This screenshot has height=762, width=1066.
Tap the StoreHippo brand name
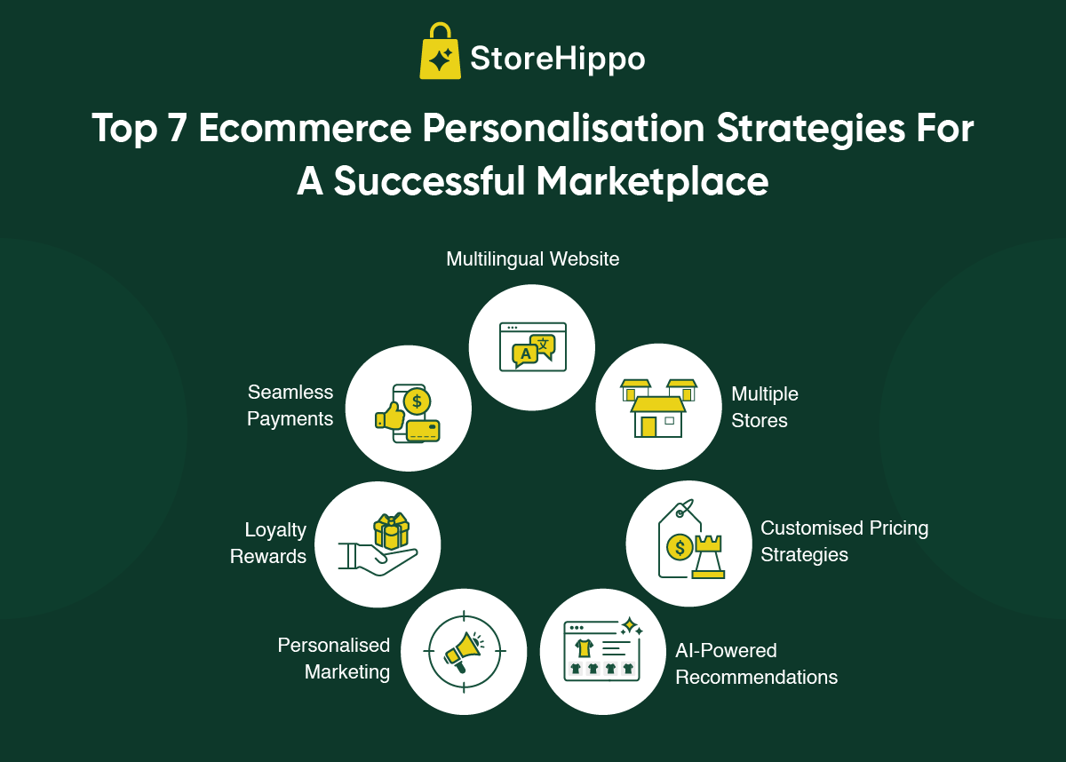coord(557,59)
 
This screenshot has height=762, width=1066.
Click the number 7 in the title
coord(177,128)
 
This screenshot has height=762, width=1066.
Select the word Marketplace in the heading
coord(652,181)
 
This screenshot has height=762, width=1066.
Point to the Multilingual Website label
coord(532,259)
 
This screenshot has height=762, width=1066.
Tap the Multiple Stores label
coord(764,407)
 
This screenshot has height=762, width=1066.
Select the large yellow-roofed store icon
coord(658,417)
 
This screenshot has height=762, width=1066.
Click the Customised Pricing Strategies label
coord(844,541)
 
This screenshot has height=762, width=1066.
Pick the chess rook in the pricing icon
coord(708,557)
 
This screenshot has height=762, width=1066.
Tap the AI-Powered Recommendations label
coord(756,663)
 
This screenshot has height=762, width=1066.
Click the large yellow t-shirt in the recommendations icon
coord(584,647)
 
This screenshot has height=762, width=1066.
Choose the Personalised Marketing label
coord(334,659)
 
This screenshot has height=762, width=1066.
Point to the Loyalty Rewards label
coord(268,544)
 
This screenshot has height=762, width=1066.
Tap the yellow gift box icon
coord(391,531)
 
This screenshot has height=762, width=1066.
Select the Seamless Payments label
coord(290,406)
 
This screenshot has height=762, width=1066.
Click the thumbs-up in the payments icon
coord(389,416)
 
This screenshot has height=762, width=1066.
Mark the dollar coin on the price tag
coord(680,547)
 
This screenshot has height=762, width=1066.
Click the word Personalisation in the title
coord(563,129)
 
